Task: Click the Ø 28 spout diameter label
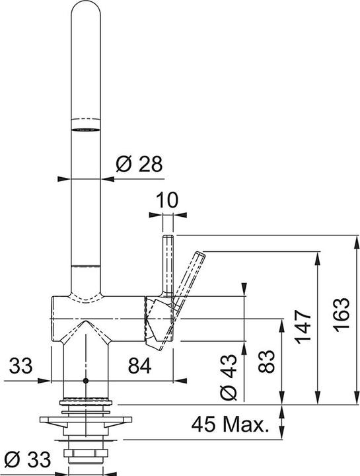coord(139,165)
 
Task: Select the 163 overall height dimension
coord(339,318)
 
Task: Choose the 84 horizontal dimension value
coord(140,364)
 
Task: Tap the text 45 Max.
coord(231,423)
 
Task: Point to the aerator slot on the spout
coord(86,128)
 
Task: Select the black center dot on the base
coord(86,381)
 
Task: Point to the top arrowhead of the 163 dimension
coord(349,239)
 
